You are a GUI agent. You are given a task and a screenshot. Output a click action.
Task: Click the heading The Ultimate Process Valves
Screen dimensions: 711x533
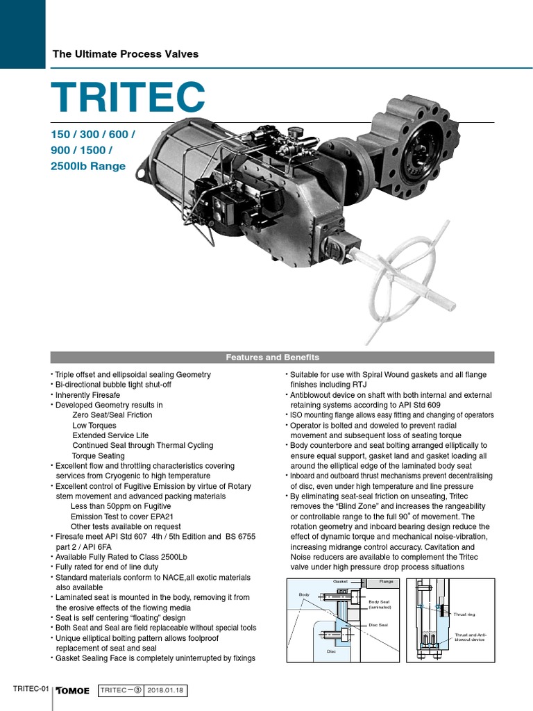pos(126,53)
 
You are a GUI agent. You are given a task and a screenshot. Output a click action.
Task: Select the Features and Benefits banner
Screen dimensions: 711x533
pos(272,358)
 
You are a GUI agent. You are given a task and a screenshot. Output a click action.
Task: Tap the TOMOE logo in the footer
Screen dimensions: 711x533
pos(73,690)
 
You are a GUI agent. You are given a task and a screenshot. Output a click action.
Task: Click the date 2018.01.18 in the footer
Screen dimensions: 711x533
pos(167,690)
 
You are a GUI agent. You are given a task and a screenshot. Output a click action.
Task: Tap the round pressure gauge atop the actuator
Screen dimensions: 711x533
pos(296,132)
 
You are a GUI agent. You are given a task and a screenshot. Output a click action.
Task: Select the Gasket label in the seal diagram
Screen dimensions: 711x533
pos(340,580)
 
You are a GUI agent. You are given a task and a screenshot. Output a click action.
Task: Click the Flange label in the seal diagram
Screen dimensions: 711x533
pos(387,580)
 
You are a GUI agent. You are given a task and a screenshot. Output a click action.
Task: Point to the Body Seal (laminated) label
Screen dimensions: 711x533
pos(379,605)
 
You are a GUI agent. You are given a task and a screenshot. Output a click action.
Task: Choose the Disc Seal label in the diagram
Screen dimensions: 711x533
pos(378,625)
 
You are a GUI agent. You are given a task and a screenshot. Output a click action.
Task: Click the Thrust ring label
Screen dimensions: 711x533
pos(464,614)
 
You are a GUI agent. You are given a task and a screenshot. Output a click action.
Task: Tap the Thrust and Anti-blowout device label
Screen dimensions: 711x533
pos(470,637)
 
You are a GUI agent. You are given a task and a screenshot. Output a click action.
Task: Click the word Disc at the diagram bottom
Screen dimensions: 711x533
pos(331,651)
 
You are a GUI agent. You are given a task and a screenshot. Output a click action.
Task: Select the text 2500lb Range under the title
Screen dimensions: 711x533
pos(87,166)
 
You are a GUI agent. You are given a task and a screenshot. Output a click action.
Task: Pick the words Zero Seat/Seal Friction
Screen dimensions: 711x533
pos(112,415)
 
